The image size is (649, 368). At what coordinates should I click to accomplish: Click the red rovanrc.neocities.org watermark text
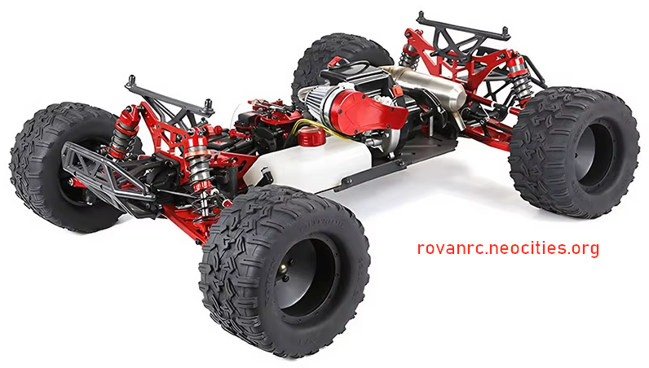508,248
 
